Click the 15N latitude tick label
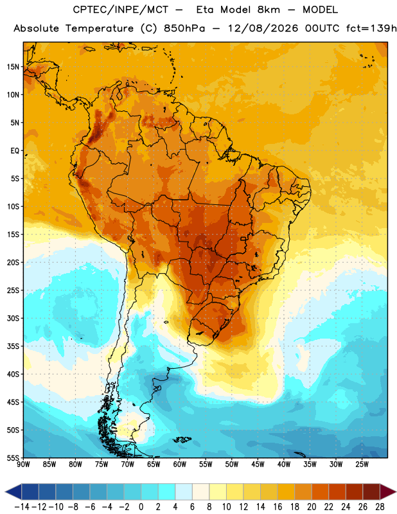13,67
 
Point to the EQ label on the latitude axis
15,151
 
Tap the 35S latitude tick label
13,346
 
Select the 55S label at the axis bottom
13,457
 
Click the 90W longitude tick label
23,464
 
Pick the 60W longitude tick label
180,464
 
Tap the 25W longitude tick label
362,464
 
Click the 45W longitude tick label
258,464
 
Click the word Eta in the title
205,10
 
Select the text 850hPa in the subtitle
184,28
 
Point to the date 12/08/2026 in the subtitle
263,28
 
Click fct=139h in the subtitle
371,28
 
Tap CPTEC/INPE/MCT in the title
120,10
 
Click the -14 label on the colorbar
22,507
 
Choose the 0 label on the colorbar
141,507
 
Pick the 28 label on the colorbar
380,507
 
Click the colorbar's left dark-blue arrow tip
6,492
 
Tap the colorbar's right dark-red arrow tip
396,492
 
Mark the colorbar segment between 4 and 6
184,492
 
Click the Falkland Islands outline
182,439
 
